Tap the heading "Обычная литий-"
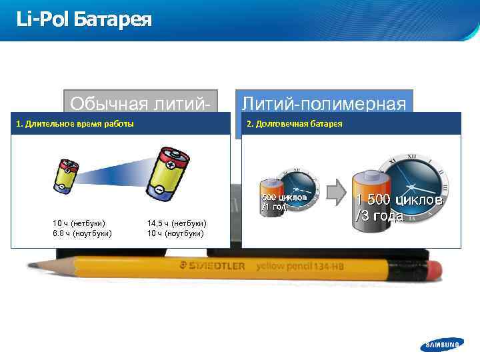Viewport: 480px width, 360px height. [141, 103]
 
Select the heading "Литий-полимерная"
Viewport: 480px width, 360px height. [324, 103]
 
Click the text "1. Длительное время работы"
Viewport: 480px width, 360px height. [75, 124]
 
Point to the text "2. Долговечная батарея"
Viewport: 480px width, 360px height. [295, 124]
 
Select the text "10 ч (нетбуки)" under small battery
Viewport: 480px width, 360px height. [79, 223]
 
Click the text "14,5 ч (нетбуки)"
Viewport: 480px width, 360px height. [176, 223]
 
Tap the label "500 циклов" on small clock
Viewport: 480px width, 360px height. [284, 197]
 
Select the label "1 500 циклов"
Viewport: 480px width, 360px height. [399, 200]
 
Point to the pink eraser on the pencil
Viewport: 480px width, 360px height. [433, 269]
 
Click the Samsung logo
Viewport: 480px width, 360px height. [441, 344]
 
